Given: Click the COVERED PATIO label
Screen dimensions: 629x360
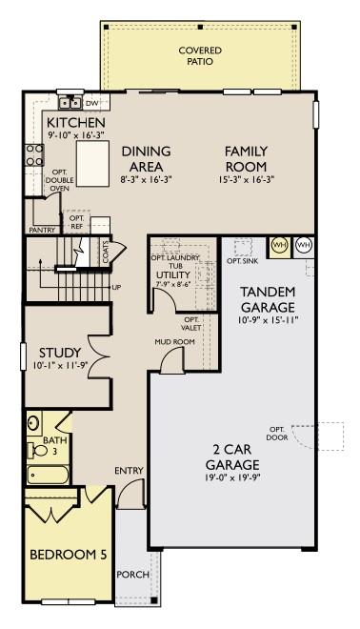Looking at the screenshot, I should point(201,54).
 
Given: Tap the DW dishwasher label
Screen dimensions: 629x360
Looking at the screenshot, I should point(92,102).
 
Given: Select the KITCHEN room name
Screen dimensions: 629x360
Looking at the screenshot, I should point(75,124).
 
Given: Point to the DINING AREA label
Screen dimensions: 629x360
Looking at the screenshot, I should point(146,158).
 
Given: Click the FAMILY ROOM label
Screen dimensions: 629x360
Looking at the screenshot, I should point(245,158).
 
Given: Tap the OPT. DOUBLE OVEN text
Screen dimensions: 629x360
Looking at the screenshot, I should point(60,180).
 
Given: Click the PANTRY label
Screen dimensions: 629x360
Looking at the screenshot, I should point(42,230).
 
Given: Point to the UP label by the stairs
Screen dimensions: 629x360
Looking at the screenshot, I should point(116,287).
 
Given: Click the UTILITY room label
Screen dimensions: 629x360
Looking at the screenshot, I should point(173,275).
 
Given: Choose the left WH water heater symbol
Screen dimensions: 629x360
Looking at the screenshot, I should point(279,245).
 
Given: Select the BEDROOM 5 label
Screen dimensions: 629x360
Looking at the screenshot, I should point(69,555).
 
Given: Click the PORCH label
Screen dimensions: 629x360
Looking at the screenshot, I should point(132,575).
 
